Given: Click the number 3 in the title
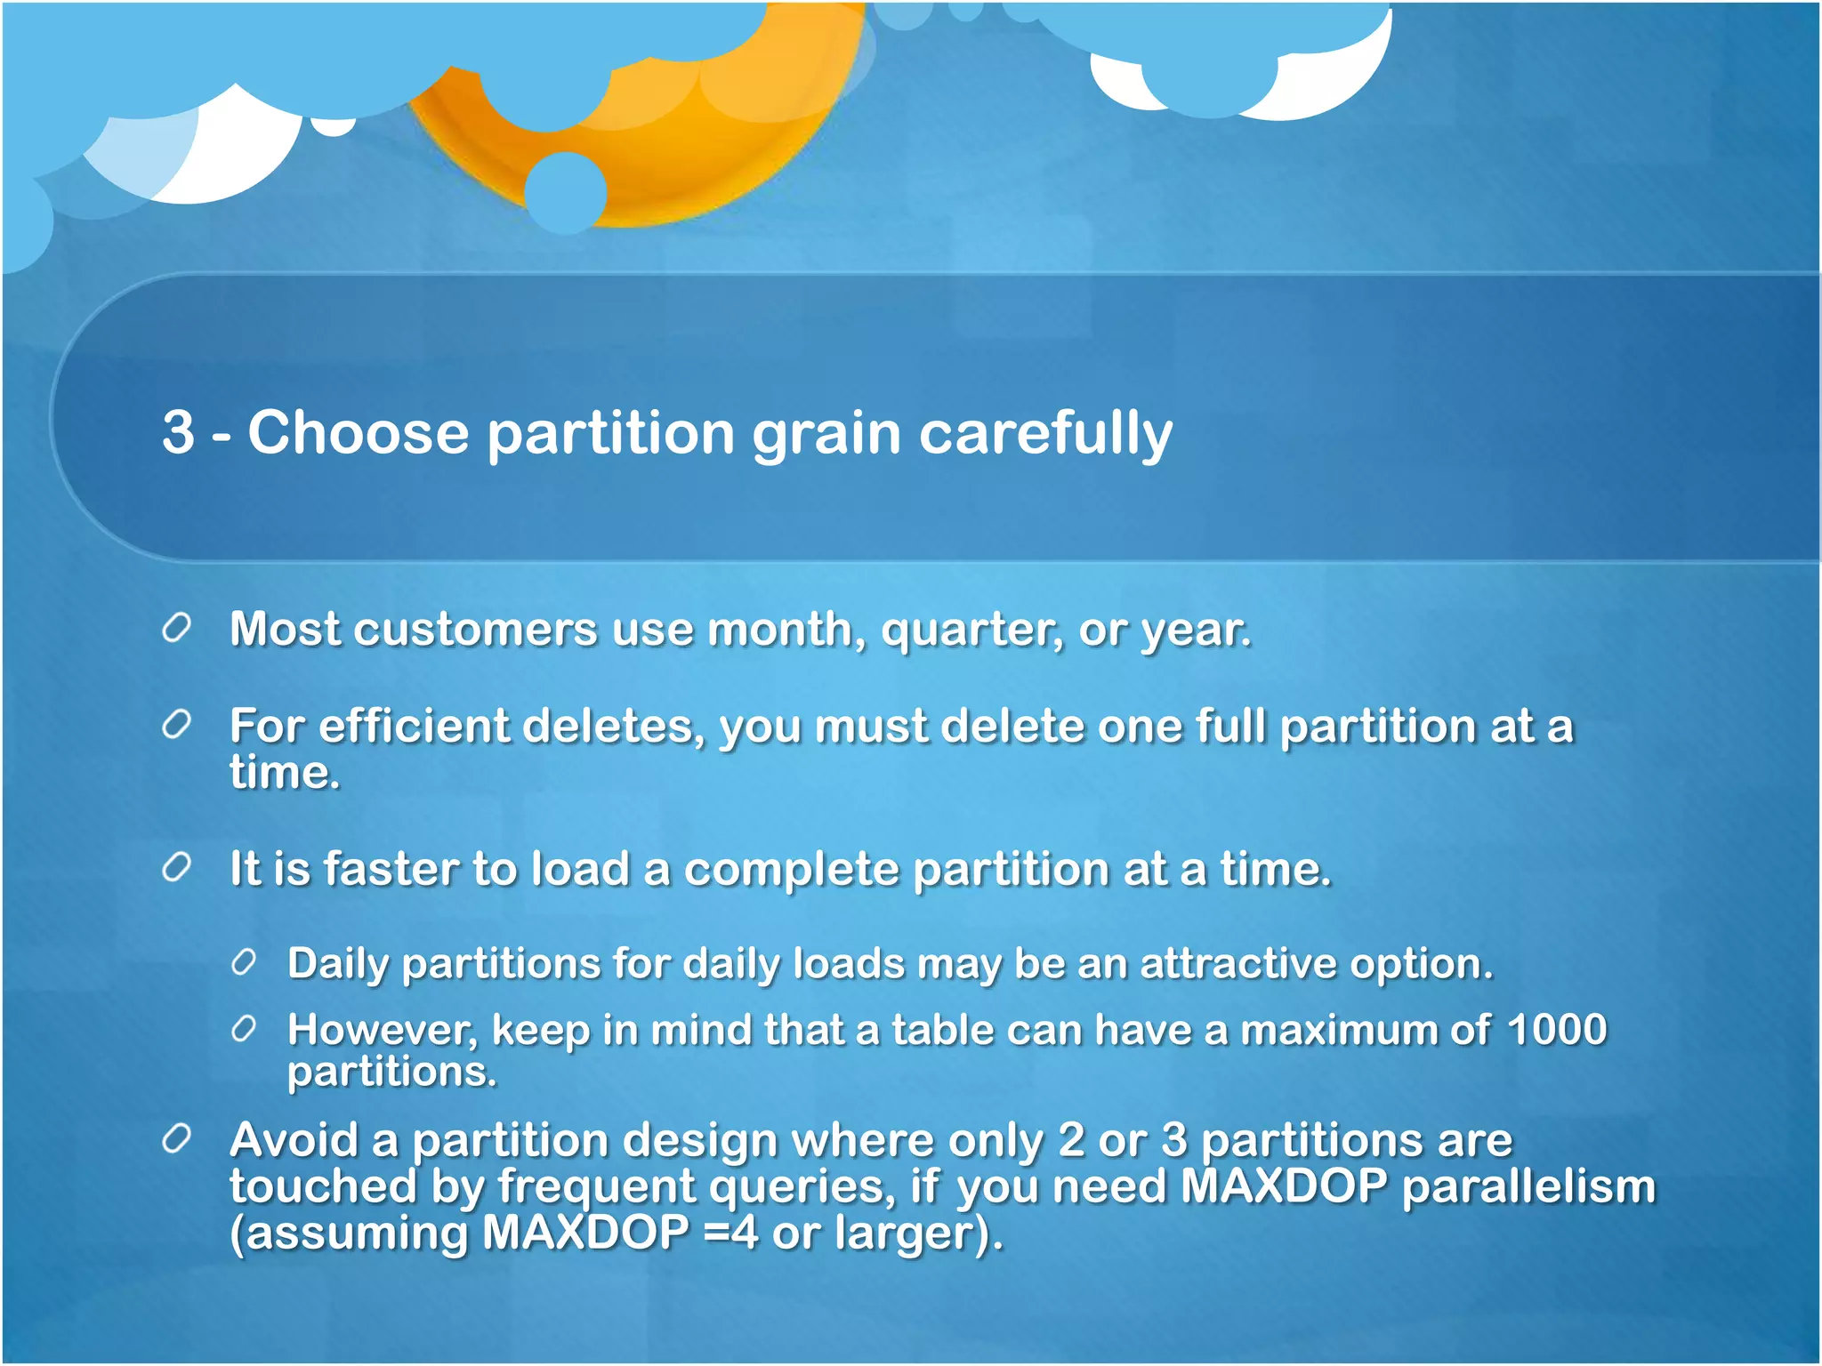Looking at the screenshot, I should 178,433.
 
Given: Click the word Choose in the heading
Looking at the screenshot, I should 358,433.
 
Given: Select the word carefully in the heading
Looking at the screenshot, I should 1045,433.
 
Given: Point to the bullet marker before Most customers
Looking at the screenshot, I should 177,628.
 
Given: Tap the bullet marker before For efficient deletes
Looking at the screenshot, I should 177,726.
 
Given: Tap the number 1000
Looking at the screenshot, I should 1558,1030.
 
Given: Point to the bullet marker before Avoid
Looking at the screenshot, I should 177,1139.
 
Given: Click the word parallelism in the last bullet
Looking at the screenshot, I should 1528,1186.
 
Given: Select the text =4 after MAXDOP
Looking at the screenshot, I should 730,1233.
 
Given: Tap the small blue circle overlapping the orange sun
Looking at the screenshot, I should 566,192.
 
